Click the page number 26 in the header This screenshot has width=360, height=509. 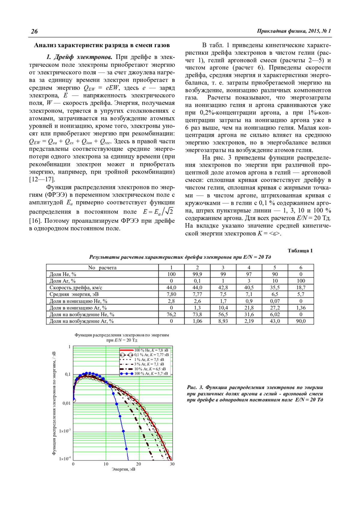pyautogui.click(x=34, y=31)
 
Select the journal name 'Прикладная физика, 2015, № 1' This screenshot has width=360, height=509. pyautogui.click(x=294, y=31)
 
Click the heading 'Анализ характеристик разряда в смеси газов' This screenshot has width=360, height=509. pyautogui.click(x=102, y=45)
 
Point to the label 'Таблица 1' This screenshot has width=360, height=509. pyautogui.click(x=300, y=251)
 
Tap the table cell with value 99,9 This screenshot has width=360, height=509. pyautogui.click(x=197, y=274)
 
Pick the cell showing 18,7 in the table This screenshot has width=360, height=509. pyautogui.click(x=301, y=287)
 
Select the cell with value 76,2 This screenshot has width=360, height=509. pyautogui.click(x=171, y=314)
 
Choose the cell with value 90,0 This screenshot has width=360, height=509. pyautogui.click(x=301, y=321)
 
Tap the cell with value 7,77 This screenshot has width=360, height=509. pyautogui.click(x=197, y=294)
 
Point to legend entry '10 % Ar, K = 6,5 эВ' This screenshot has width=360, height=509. pyautogui.click(x=150, y=369)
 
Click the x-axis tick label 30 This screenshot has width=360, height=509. pyautogui.click(x=172, y=464)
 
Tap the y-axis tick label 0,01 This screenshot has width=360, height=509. pyautogui.click(x=67, y=403)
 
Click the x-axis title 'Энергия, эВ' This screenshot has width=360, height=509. pyautogui.click(x=123, y=469)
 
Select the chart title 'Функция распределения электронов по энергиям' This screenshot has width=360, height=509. pyautogui.click(x=122, y=335)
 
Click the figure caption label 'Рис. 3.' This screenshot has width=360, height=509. pyautogui.click(x=195, y=388)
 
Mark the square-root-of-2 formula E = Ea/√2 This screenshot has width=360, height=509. pyautogui.click(x=158, y=212)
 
